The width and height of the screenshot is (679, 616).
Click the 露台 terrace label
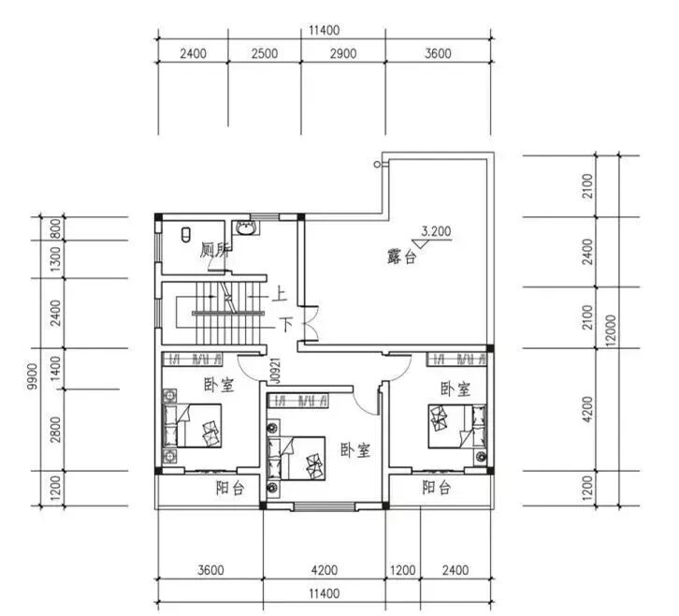pyautogui.click(x=402, y=257)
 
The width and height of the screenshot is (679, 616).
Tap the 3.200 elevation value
pyautogui.click(x=436, y=231)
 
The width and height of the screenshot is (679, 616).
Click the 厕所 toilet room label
pyautogui.click(x=214, y=250)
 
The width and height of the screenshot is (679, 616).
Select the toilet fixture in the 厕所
pyautogui.click(x=186, y=235)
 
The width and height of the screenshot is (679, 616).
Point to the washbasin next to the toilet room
pyautogui.click(x=246, y=227)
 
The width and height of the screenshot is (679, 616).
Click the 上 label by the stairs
pyautogui.click(x=280, y=295)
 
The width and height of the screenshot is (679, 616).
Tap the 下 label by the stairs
pyautogui.click(x=286, y=324)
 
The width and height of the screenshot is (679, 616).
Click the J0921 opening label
pyautogui.click(x=275, y=371)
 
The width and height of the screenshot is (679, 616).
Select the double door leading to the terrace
pyautogui.click(x=311, y=324)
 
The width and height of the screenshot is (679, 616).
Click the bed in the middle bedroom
pyautogui.click(x=296, y=458)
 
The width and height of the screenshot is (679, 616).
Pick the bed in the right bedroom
pyautogui.click(x=457, y=426)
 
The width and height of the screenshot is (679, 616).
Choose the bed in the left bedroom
pyautogui.click(x=193, y=426)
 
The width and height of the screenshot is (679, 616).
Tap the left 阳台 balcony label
pyautogui.click(x=230, y=489)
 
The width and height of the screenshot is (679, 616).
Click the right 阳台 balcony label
pyautogui.click(x=437, y=488)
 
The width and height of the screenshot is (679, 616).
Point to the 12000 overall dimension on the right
pyautogui.click(x=611, y=330)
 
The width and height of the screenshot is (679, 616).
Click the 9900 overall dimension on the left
pyautogui.click(x=33, y=376)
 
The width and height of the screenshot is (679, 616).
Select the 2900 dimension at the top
pyautogui.click(x=343, y=53)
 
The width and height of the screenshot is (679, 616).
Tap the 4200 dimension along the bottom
pyautogui.click(x=325, y=569)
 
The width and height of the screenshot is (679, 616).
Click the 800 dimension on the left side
pyautogui.click(x=56, y=228)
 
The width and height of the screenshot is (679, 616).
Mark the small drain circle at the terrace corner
pyautogui.click(x=377, y=164)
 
